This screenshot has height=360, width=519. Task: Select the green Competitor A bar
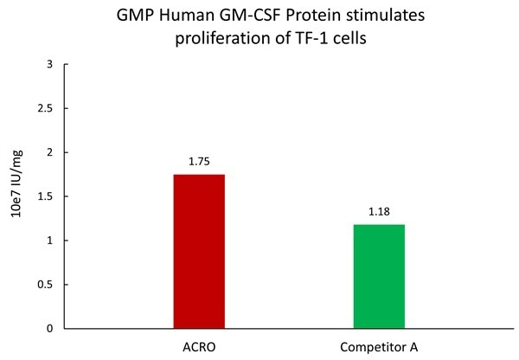[379, 276]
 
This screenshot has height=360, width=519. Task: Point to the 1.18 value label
[379, 211]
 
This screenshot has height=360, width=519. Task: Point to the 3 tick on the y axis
[49, 65]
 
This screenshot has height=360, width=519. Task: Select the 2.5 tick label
[44, 109]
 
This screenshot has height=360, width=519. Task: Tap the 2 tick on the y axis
[49, 153]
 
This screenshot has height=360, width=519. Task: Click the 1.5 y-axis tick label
[44, 197]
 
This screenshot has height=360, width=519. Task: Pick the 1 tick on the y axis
[49, 241]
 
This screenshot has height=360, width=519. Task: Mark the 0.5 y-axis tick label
[44, 285]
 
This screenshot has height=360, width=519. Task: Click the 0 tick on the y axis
[49, 329]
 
